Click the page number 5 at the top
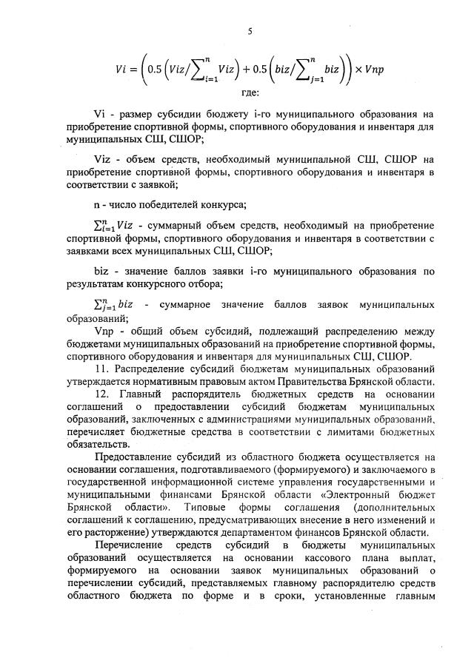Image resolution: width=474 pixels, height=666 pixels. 250,30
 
